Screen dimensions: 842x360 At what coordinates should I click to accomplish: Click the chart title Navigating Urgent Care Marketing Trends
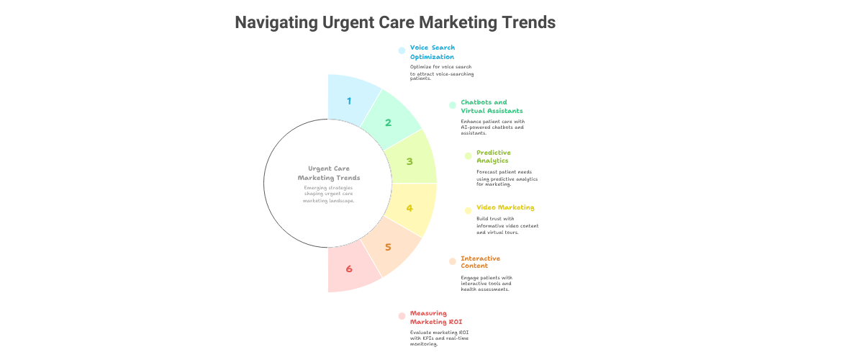[395, 22]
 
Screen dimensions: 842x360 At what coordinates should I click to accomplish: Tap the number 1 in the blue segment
[349, 101]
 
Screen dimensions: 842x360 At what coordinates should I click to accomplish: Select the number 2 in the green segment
[388, 123]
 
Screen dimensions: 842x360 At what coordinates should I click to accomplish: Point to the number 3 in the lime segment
[409, 162]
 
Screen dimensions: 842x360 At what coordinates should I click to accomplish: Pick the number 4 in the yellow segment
[409, 208]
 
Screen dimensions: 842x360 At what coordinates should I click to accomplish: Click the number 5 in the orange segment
[388, 248]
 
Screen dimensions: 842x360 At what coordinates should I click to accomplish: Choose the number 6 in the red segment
[349, 269]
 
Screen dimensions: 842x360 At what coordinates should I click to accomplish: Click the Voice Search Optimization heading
[433, 52]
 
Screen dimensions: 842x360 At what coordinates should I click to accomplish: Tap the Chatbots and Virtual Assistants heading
[492, 107]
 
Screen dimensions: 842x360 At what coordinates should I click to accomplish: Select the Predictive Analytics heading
[494, 156]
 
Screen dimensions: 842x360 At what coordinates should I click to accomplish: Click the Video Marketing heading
[505, 207]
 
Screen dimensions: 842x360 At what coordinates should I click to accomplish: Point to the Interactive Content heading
[481, 262]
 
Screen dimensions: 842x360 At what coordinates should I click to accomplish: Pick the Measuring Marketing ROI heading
[433, 317]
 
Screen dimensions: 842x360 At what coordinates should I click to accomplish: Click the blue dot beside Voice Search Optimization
[402, 50]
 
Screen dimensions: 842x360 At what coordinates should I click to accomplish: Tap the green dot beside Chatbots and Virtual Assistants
[453, 105]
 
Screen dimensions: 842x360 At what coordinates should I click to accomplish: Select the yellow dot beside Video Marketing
[468, 211]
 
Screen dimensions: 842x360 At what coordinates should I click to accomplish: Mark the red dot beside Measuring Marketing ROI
[402, 316]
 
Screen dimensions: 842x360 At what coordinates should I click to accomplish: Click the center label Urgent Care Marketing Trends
[329, 173]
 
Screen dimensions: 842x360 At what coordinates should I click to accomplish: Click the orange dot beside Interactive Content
[453, 261]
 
